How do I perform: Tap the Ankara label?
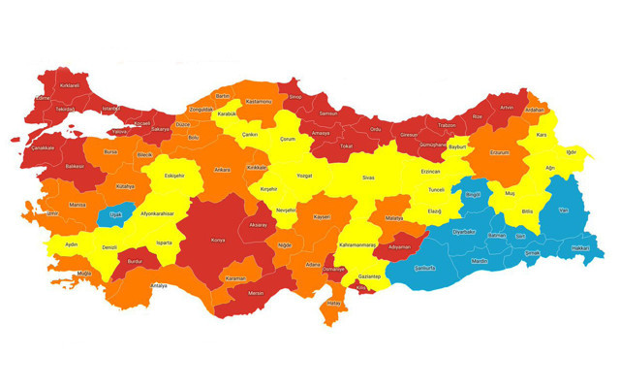pos(223,170)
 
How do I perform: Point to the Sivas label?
pos(368,178)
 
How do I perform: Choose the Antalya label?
pos(158,285)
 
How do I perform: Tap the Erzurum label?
pos(499,152)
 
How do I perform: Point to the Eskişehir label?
pos(174,176)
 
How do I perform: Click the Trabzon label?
pos(447,125)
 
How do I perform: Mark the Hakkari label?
pos(580,248)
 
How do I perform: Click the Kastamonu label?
pos(260,101)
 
